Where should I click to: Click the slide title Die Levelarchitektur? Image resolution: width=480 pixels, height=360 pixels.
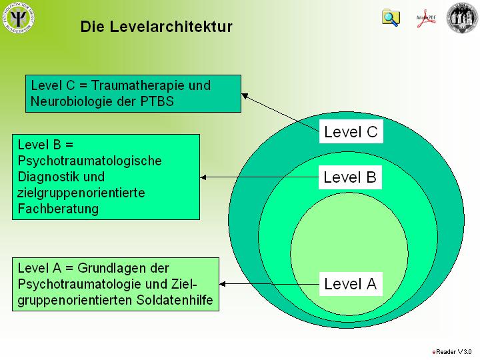coord(156,27)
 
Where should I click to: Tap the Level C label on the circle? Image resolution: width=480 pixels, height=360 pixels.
coord(351,132)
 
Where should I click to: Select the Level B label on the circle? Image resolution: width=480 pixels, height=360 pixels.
coord(350,177)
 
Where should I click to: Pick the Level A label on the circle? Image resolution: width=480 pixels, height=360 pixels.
coord(350,285)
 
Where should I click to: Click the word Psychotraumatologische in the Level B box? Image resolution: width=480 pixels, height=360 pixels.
coord(90,161)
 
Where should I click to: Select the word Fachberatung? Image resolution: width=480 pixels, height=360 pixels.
coord(58,209)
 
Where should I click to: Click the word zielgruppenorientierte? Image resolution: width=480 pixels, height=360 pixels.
coord(81,193)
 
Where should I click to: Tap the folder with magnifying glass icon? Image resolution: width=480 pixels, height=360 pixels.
coord(391,17)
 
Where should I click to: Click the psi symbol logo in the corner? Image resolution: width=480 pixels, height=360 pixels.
coord(19,17)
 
